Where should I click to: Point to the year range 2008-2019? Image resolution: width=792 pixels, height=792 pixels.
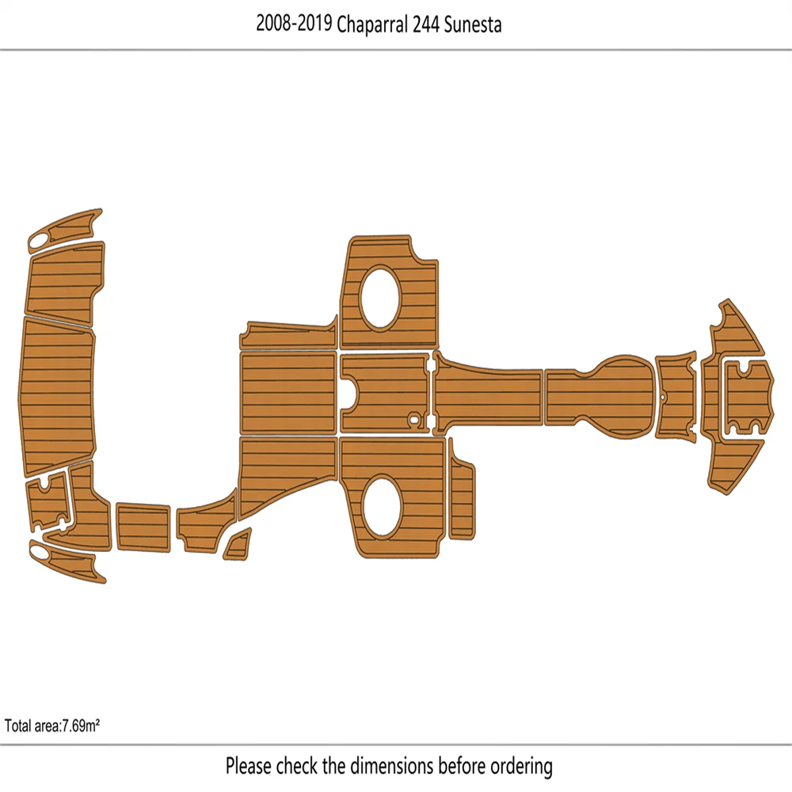(294, 25)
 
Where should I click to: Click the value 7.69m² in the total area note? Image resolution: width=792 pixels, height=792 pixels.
(80, 725)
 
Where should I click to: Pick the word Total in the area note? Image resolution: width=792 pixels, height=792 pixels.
(18, 725)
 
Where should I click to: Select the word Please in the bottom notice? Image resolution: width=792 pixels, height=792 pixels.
(248, 766)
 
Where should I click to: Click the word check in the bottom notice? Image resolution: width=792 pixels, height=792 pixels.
(298, 766)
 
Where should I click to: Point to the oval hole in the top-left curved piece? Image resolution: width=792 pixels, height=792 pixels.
(39, 240)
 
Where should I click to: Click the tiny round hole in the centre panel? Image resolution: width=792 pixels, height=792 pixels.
(412, 417)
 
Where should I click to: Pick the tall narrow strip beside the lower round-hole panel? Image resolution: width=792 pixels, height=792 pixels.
(461, 491)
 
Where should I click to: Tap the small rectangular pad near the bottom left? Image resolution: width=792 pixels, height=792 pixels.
(143, 527)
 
